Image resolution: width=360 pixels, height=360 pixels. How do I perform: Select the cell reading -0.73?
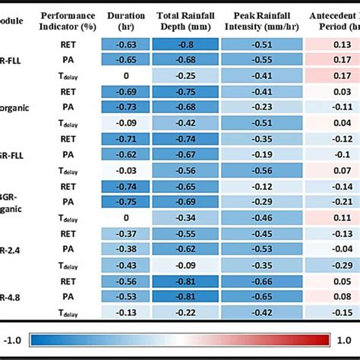(x=126, y=106)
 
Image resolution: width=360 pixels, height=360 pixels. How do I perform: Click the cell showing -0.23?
(x=262, y=106)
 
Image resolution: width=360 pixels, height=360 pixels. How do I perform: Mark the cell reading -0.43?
(x=126, y=264)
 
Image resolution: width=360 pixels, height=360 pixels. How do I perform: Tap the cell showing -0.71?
(x=126, y=138)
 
